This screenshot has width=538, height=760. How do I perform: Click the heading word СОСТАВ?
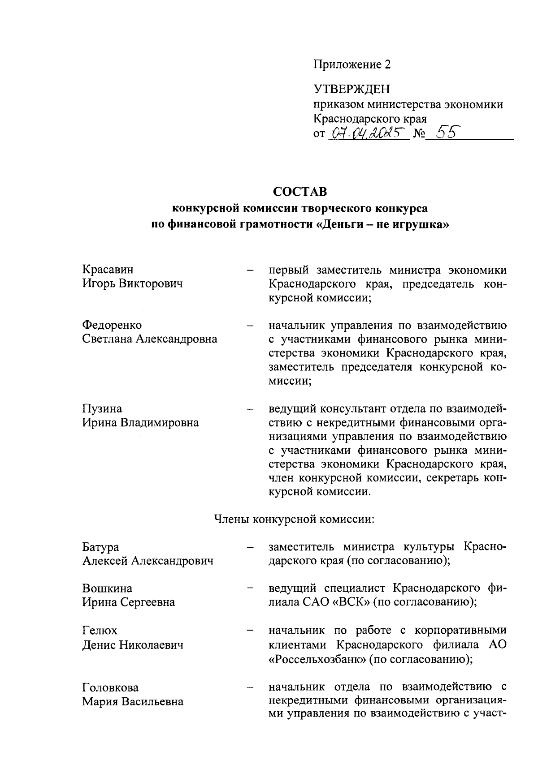tap(300, 192)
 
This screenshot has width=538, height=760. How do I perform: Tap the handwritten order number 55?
tap(443, 132)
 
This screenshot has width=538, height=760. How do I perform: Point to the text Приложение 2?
tap(351, 65)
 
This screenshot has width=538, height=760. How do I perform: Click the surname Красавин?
tap(108, 270)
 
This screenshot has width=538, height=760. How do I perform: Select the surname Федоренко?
tap(112, 325)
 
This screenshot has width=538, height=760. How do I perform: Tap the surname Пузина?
tap(102, 408)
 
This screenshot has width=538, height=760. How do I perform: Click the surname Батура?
tap(101, 547)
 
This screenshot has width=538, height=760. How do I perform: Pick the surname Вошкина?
tap(107, 588)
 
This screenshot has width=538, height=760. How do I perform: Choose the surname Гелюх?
tap(100, 631)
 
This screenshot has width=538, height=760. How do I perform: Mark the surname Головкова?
tap(110, 687)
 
